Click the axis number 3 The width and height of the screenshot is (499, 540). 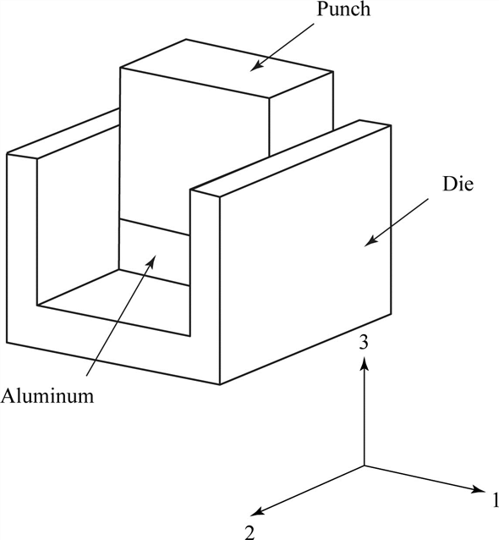pos(364,343)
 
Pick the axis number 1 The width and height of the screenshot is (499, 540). pos(494,499)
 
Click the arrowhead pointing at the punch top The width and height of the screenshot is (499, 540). pos(255,68)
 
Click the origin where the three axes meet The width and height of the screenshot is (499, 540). pos(364,466)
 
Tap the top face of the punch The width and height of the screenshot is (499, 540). pos(227,68)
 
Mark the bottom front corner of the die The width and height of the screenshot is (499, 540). pos(220,384)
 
